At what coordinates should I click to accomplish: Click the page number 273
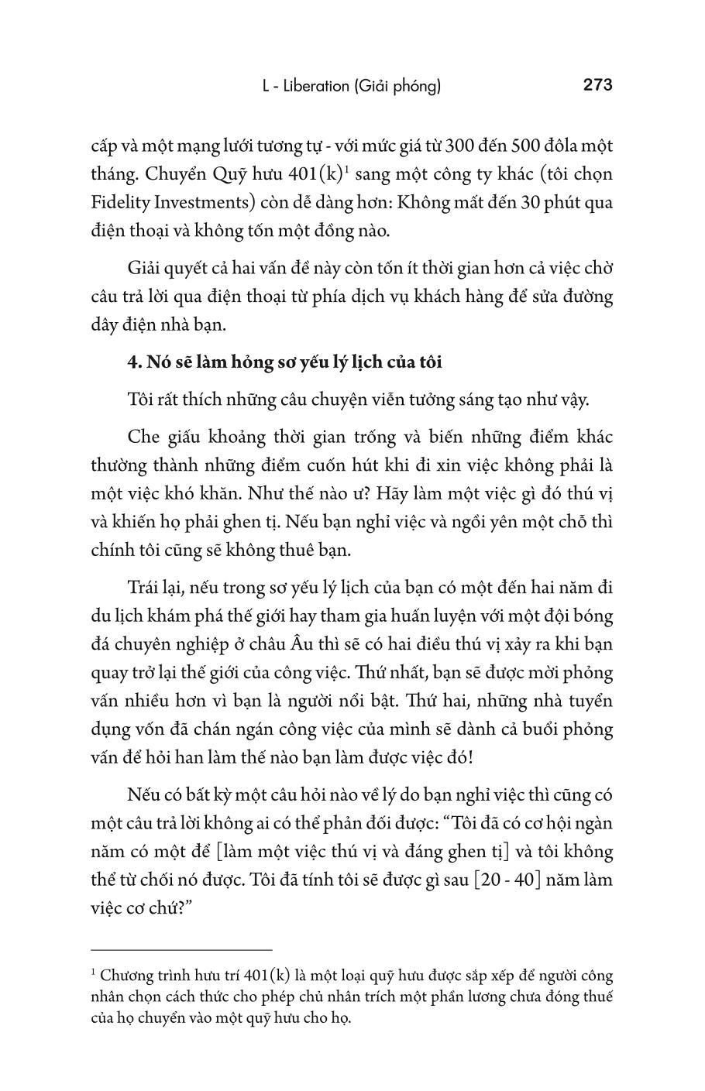[x=597, y=85]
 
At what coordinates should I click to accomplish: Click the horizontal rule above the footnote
[x=181, y=949]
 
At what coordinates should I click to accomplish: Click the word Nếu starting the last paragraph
[x=143, y=795]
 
